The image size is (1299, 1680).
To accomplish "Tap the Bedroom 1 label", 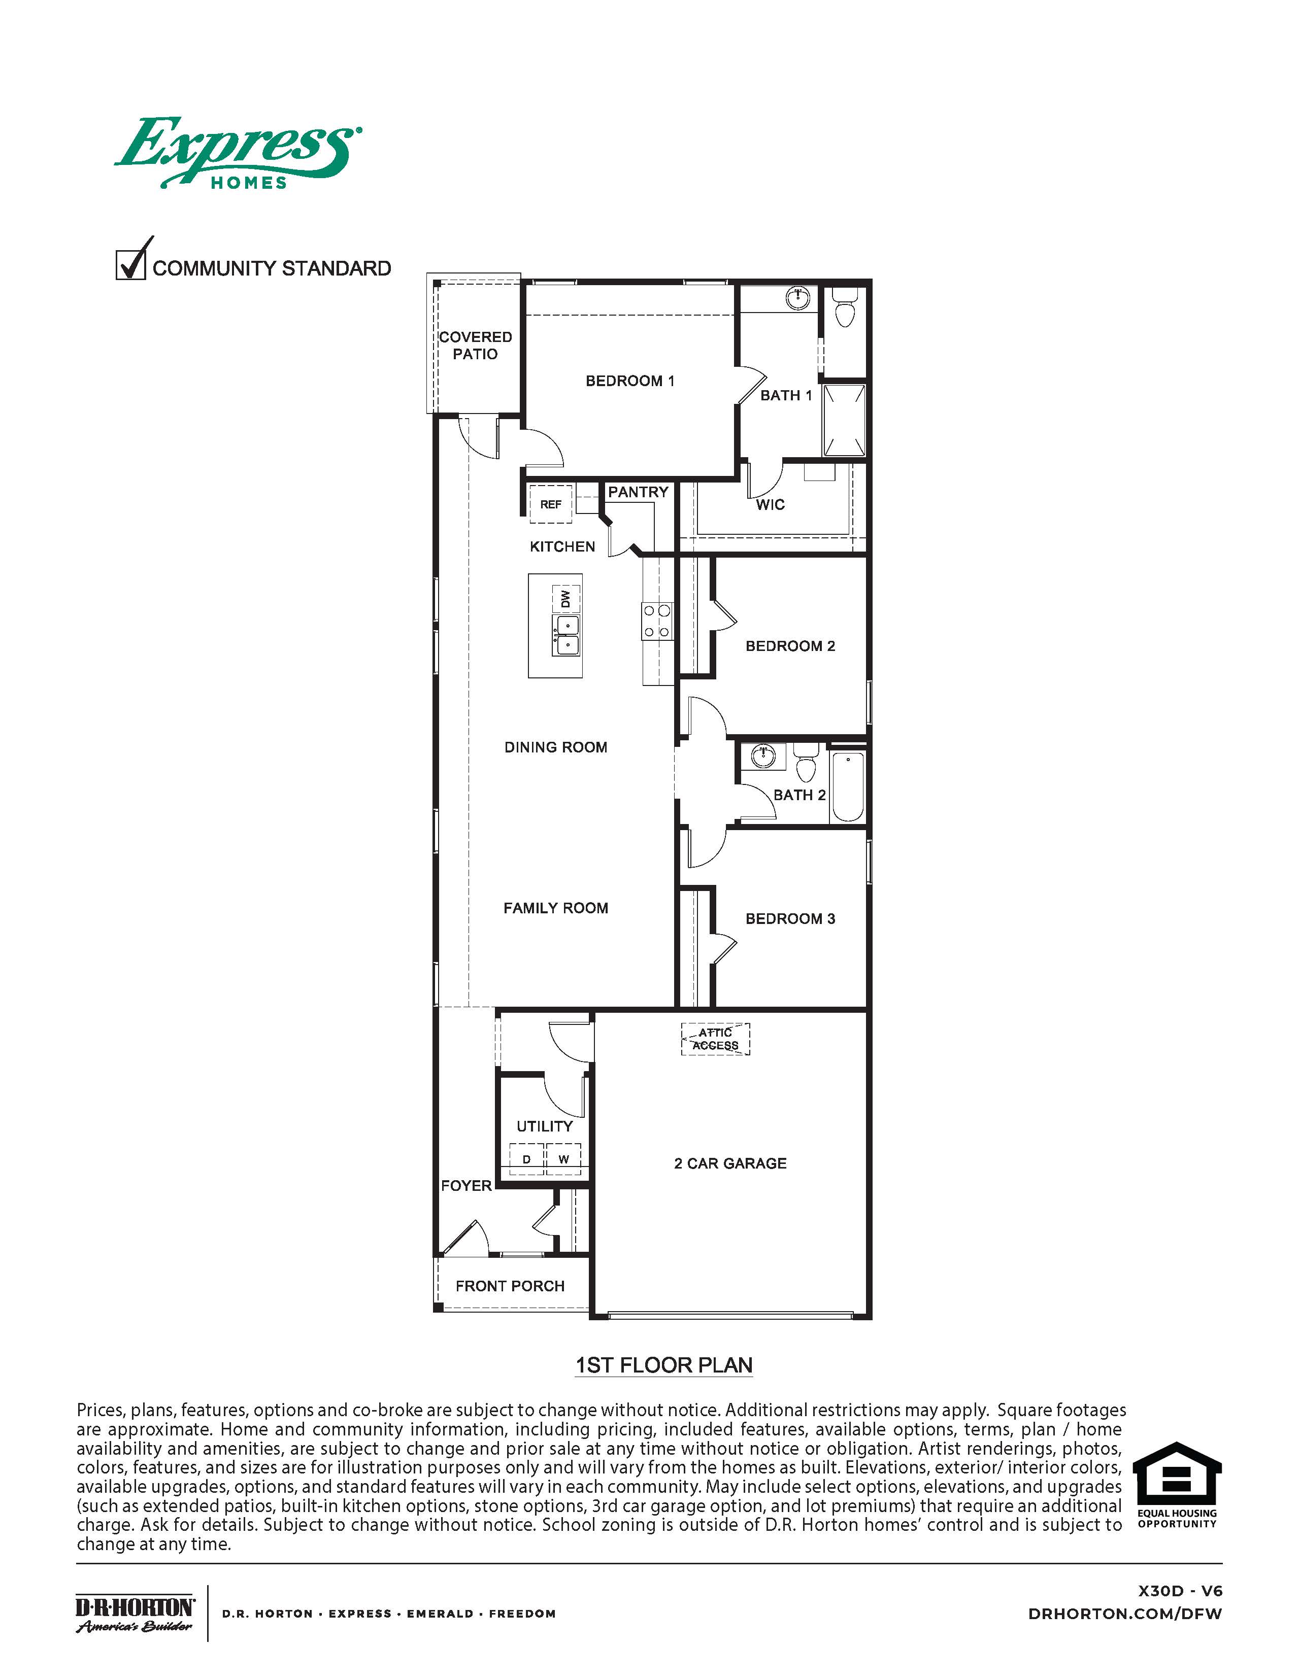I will tap(629, 381).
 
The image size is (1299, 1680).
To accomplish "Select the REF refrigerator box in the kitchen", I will tap(550, 504).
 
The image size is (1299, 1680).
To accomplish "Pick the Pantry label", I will tap(638, 492).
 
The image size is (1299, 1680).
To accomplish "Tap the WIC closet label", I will tap(770, 505).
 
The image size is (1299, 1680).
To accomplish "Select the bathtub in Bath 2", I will tap(848, 786).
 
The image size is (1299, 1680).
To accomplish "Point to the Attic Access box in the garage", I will tap(715, 1039).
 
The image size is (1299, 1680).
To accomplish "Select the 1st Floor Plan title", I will tap(664, 1365).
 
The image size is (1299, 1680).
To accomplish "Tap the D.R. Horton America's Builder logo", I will tap(135, 1613).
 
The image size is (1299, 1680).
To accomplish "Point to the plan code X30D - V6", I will tap(1180, 1591).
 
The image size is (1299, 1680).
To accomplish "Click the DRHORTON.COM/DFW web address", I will tap(1124, 1614).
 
